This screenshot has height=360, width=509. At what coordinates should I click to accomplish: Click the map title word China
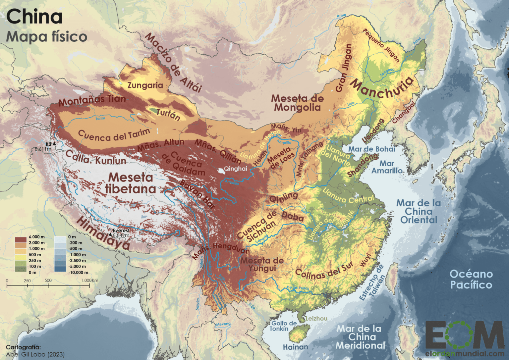click(34, 17)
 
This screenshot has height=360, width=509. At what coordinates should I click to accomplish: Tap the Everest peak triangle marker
click(110, 234)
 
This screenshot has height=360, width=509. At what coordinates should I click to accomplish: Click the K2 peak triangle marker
click(54, 144)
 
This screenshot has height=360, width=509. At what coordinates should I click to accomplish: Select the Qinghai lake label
click(235, 169)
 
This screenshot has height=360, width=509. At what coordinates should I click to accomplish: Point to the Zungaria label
click(145, 85)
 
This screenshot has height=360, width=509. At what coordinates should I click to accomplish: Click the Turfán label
click(168, 115)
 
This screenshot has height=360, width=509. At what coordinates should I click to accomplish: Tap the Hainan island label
click(295, 347)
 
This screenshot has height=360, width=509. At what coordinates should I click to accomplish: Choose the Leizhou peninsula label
click(316, 318)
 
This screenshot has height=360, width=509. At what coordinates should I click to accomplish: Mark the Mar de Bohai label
click(371, 149)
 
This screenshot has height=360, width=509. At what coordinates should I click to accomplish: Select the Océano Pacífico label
click(471, 279)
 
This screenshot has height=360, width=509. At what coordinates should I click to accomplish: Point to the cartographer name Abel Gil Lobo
click(35, 354)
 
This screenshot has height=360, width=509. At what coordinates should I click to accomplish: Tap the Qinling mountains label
click(284, 197)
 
